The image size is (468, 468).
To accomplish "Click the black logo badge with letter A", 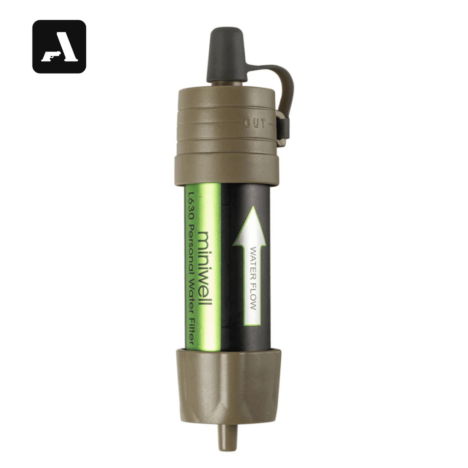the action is click(59, 46).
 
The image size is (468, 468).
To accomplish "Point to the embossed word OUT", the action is click(255, 123).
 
